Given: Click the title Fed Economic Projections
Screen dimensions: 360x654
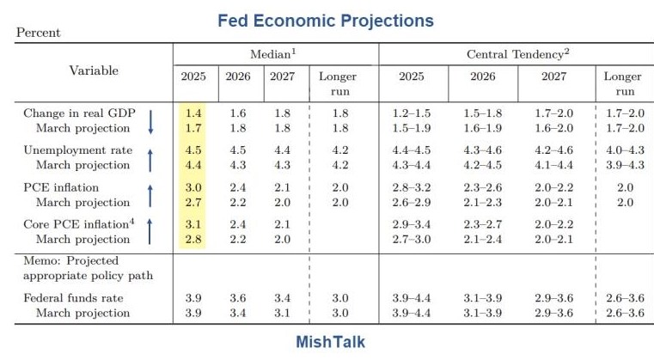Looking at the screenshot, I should point(326,20).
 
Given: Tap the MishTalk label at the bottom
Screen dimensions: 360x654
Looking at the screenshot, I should point(330,342).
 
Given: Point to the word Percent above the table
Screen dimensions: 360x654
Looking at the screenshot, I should point(39,33).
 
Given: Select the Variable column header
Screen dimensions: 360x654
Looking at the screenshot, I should point(94,70).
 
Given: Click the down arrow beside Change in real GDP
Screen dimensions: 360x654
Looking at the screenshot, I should point(150,120).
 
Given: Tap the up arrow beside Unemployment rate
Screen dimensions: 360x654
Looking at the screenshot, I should point(150,157).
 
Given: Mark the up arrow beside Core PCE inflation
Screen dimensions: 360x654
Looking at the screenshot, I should point(150,231).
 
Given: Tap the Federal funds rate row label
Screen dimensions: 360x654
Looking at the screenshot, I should point(74,298).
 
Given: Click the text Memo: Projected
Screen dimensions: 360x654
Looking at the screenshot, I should point(70,260).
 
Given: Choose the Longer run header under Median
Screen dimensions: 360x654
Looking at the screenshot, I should point(337,83).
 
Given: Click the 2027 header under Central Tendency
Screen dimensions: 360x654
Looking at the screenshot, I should point(553,76).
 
